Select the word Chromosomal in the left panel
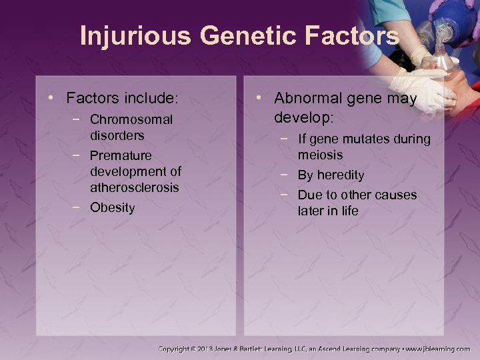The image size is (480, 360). tap(131, 120)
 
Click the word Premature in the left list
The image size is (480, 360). tap(121, 156)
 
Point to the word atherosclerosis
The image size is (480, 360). tap(135, 188)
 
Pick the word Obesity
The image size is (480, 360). tap(112, 207)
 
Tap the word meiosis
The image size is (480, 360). tap(320, 155)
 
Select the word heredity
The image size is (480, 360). tap(340, 175)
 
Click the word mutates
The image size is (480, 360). tap(369, 139)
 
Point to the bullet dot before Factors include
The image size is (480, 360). tap(56, 99)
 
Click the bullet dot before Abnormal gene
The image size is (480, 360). tap(263, 99)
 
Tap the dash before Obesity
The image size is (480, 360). tap(77, 207)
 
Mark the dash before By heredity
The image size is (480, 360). tap(285, 175)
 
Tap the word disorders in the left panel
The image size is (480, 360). tap(117, 135)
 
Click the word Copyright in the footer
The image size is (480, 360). tap(179, 349)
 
